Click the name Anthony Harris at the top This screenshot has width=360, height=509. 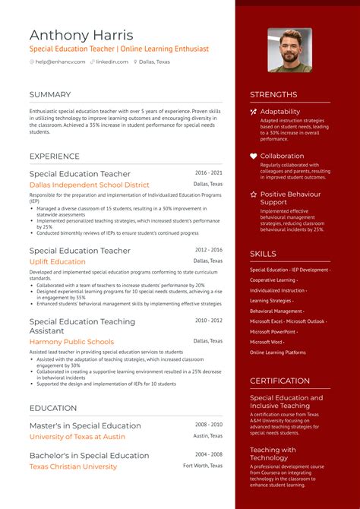click(x=81, y=35)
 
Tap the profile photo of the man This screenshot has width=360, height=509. click(x=289, y=50)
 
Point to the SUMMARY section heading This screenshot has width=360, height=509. click(x=50, y=95)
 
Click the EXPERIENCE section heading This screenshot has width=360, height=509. click(x=55, y=156)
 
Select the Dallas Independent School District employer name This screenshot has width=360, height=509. click(x=90, y=185)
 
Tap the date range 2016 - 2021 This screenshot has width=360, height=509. click(x=208, y=173)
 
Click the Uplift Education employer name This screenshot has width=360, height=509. click(x=58, y=261)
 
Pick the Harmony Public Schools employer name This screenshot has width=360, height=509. click(x=71, y=342)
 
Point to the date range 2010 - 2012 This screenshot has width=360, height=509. click(x=208, y=321)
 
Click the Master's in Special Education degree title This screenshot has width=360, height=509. click(x=85, y=425)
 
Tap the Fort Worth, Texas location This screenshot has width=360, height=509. click(x=203, y=465)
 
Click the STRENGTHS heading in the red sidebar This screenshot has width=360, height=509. click(x=273, y=95)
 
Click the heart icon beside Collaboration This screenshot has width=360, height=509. click(x=254, y=156)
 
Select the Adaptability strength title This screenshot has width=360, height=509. click(x=280, y=112)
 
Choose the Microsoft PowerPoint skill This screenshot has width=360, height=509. click(x=273, y=331)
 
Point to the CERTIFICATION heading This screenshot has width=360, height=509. click(x=279, y=381)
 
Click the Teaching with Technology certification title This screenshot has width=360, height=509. click(x=273, y=454)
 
